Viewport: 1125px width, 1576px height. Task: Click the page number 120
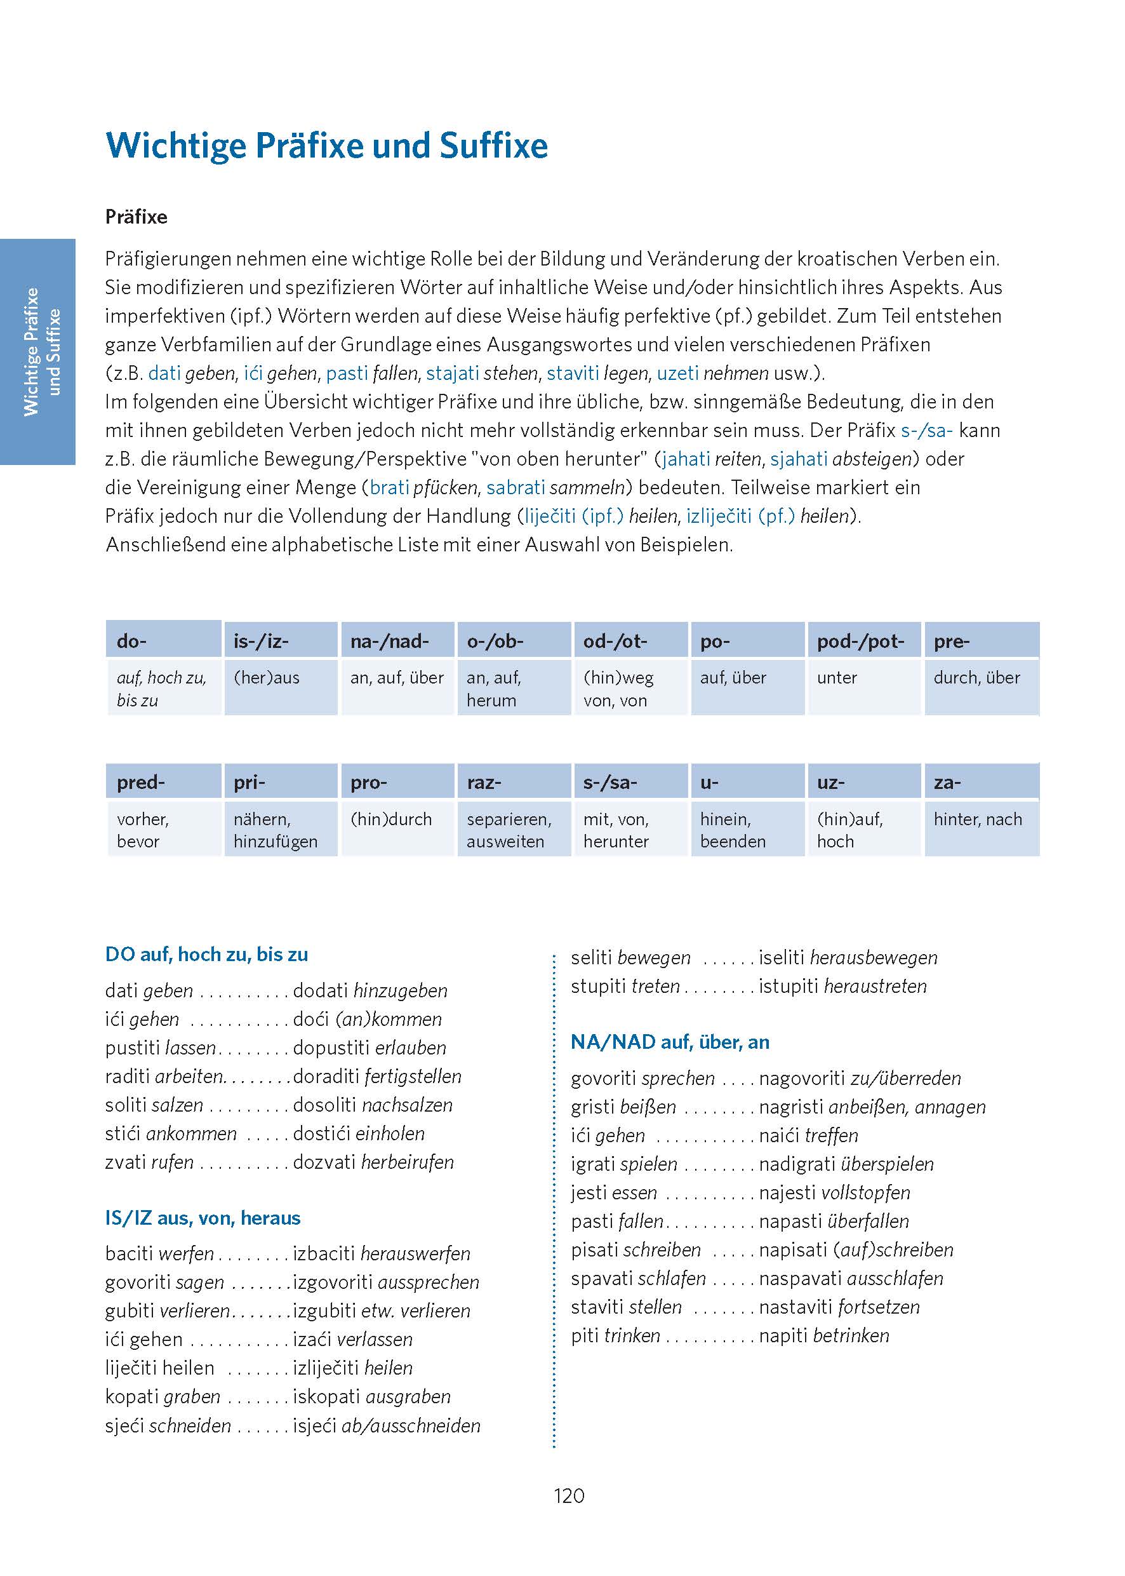point(569,1495)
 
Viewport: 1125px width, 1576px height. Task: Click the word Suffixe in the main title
point(493,146)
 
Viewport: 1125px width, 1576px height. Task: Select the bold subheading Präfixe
point(136,217)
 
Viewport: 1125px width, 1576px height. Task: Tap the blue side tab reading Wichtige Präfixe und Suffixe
point(37,351)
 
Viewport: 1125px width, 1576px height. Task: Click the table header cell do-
point(164,640)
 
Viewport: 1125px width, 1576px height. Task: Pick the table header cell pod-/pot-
point(863,640)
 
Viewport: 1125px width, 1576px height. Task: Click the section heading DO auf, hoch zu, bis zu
point(206,954)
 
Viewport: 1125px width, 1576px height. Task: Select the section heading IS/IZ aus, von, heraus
point(203,1218)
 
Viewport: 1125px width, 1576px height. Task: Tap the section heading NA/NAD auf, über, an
point(670,1042)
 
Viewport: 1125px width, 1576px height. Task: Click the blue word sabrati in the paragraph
point(516,487)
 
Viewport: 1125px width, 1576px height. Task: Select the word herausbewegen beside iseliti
point(874,957)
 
